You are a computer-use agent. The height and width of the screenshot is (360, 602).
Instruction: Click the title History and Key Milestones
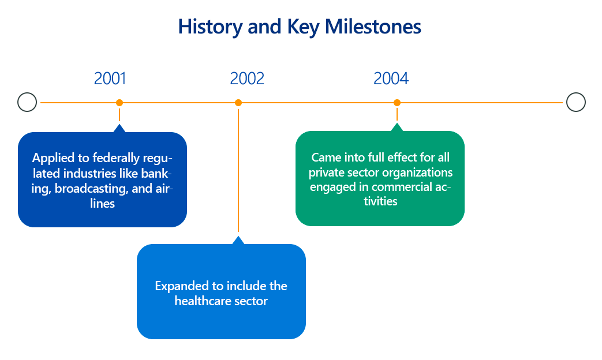click(300, 27)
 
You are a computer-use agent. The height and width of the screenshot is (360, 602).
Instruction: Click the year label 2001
click(110, 78)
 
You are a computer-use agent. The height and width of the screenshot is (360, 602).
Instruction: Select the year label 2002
click(247, 78)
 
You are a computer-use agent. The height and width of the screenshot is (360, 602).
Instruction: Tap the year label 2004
click(391, 78)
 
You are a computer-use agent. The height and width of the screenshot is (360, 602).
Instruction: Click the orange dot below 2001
click(119, 103)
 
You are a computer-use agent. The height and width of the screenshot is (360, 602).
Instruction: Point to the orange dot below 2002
click(238, 103)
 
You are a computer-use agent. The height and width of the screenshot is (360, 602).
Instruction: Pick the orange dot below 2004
click(397, 103)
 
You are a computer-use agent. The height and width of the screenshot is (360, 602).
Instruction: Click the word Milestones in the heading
click(373, 27)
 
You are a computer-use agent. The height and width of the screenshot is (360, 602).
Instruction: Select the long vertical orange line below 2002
click(238, 170)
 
